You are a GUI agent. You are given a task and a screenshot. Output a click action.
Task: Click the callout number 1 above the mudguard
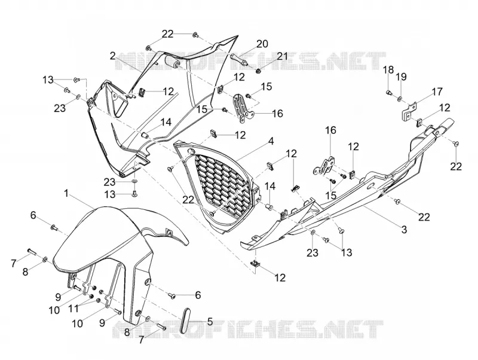(66, 193)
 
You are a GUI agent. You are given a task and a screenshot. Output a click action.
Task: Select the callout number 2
(113, 56)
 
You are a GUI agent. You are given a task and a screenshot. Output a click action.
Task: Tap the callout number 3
(404, 229)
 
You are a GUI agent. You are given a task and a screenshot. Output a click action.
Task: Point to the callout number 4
(271, 141)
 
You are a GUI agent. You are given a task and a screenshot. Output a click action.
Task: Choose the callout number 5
(210, 321)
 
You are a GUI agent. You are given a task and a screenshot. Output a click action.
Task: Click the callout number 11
(73, 308)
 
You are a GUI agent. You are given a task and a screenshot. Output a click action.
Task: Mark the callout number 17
(437, 91)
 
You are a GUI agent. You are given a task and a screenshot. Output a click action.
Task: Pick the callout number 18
(388, 69)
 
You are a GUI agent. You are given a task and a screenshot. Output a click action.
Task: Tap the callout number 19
(401, 77)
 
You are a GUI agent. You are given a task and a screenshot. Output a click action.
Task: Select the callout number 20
(262, 44)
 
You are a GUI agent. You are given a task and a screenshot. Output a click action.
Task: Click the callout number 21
(282, 56)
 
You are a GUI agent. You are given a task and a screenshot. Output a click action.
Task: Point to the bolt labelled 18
(390, 92)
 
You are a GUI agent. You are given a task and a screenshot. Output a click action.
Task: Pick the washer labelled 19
(399, 99)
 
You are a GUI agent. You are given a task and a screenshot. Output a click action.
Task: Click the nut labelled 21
(258, 71)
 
